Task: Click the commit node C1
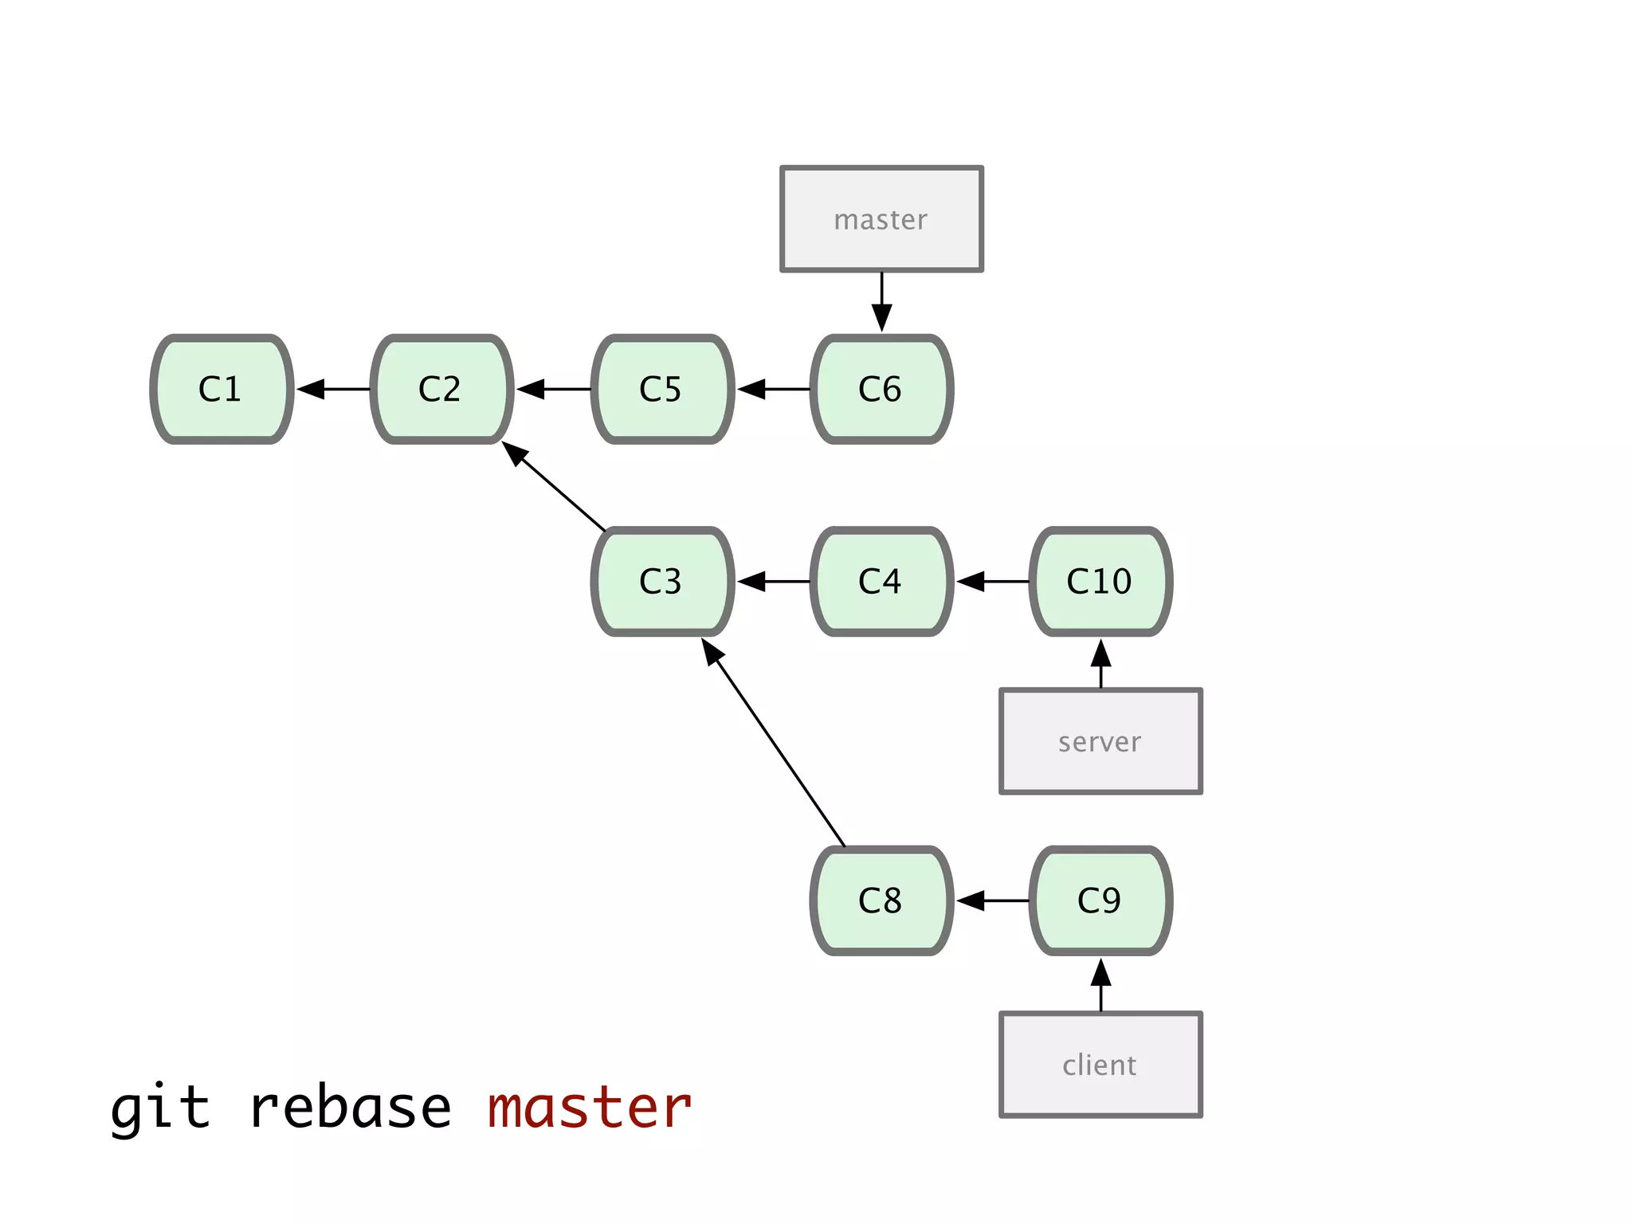222,389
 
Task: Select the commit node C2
441,389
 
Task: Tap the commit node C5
662,389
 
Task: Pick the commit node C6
881,389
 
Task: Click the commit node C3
662,581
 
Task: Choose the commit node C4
881,581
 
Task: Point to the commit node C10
1100,581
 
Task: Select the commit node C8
881,900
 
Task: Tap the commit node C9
1100,900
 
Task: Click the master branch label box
881,219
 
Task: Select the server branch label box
1100,741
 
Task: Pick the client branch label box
1100,1065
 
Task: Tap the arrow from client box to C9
1100,986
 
